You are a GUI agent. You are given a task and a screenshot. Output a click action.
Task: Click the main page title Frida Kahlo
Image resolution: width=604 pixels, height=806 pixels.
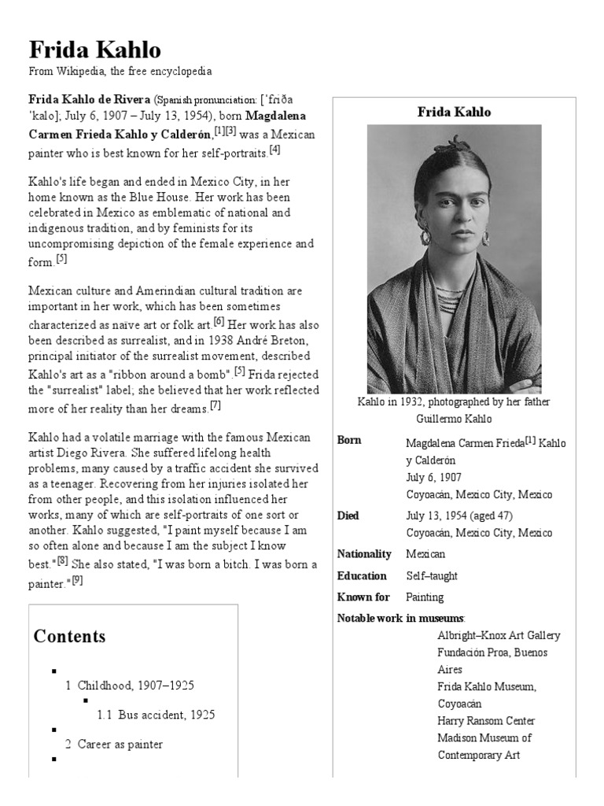94,50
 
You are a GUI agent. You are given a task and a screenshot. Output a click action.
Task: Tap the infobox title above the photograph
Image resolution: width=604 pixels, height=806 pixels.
454,113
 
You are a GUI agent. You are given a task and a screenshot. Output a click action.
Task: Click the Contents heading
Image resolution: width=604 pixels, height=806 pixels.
69,636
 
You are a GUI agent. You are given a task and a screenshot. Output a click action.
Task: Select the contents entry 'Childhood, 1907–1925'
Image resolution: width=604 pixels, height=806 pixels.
136,686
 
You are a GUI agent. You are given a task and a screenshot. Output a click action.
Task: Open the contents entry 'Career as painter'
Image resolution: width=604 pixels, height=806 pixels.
120,744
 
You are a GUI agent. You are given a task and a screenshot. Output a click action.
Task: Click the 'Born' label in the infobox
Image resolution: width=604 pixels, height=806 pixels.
349,441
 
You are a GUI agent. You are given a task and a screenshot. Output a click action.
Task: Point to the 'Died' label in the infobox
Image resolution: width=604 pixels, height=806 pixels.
348,516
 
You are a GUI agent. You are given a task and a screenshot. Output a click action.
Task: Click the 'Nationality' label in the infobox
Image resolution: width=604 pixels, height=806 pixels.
364,554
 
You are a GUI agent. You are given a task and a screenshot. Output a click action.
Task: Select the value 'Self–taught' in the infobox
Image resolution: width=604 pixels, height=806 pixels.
432,576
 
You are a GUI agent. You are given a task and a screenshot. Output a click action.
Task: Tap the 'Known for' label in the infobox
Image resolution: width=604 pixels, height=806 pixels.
362,597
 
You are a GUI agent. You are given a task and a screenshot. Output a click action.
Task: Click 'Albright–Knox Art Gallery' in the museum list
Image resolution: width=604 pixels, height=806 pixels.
499,635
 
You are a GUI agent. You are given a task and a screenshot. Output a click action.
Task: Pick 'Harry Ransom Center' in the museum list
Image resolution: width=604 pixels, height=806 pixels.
486,721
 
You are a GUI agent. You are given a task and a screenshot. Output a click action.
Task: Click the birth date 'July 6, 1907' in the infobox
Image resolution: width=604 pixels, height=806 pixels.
433,478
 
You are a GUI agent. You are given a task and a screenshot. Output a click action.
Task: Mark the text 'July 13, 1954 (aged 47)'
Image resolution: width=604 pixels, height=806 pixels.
461,516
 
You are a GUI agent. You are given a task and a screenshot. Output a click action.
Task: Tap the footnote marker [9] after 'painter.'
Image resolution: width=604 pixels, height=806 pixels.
77,581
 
